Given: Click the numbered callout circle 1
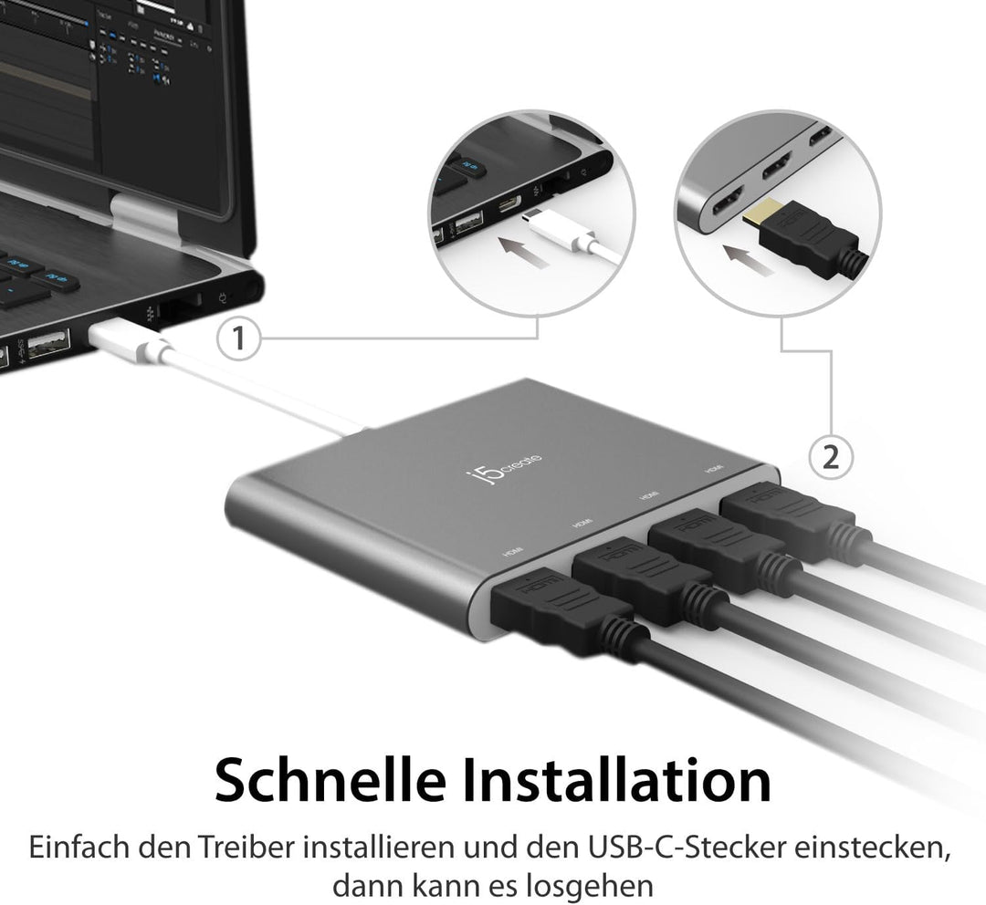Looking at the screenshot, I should coord(238,340).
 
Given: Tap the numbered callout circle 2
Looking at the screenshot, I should coord(831,456).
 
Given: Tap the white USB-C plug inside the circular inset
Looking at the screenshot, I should coord(552,228).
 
